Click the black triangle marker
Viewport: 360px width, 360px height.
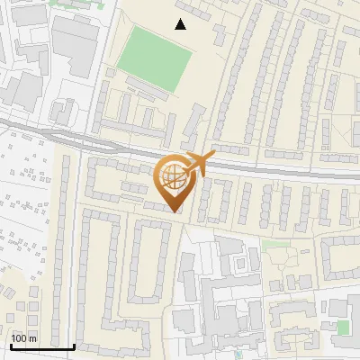181,24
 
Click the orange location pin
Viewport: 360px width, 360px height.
173,181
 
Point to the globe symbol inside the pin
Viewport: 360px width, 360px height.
172,175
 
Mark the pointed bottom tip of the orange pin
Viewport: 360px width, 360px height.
174,211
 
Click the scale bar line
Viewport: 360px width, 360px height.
42,346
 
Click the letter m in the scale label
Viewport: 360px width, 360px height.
34,338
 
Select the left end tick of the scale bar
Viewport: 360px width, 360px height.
11,344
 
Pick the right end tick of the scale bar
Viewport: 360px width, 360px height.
75,344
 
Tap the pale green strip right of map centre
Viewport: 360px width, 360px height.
276,243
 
